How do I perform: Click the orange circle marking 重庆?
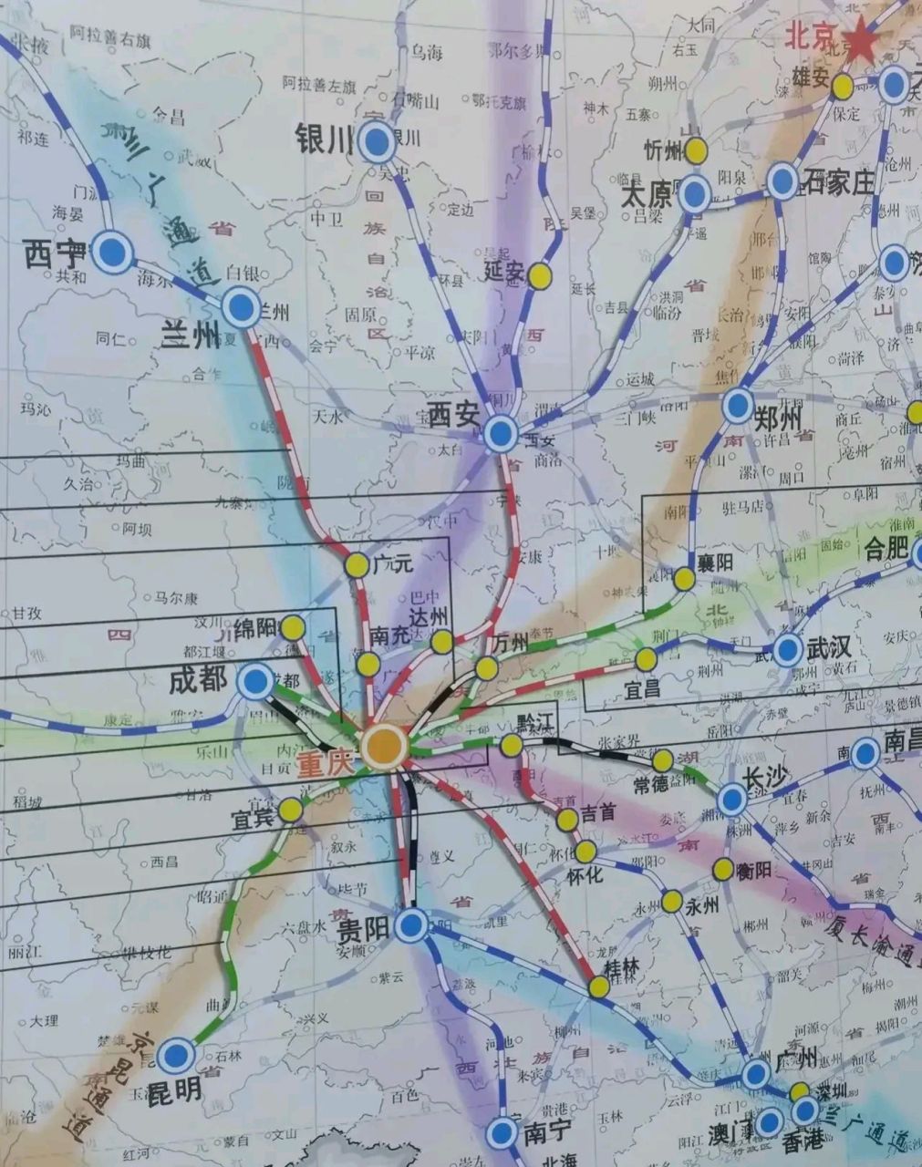pos(384,747)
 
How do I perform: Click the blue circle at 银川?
pos(376,142)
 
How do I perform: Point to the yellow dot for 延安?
pos(541,275)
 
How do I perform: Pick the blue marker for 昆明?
pos(176,1056)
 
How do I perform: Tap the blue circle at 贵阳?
pos(411,925)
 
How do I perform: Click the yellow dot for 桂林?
pos(599,986)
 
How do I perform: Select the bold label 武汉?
pos(828,648)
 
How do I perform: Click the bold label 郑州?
pos(778,419)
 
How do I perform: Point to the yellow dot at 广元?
pos(356,565)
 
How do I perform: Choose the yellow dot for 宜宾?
pos(291,810)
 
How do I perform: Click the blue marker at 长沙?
pos(731,800)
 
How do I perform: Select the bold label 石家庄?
pos(838,183)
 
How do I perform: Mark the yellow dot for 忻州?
pos(696,150)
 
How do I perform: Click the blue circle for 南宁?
pos(501,1133)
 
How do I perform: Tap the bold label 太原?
pos(646,196)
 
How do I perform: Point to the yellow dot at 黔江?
pos(512,747)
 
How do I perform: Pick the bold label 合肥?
pos(886,548)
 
